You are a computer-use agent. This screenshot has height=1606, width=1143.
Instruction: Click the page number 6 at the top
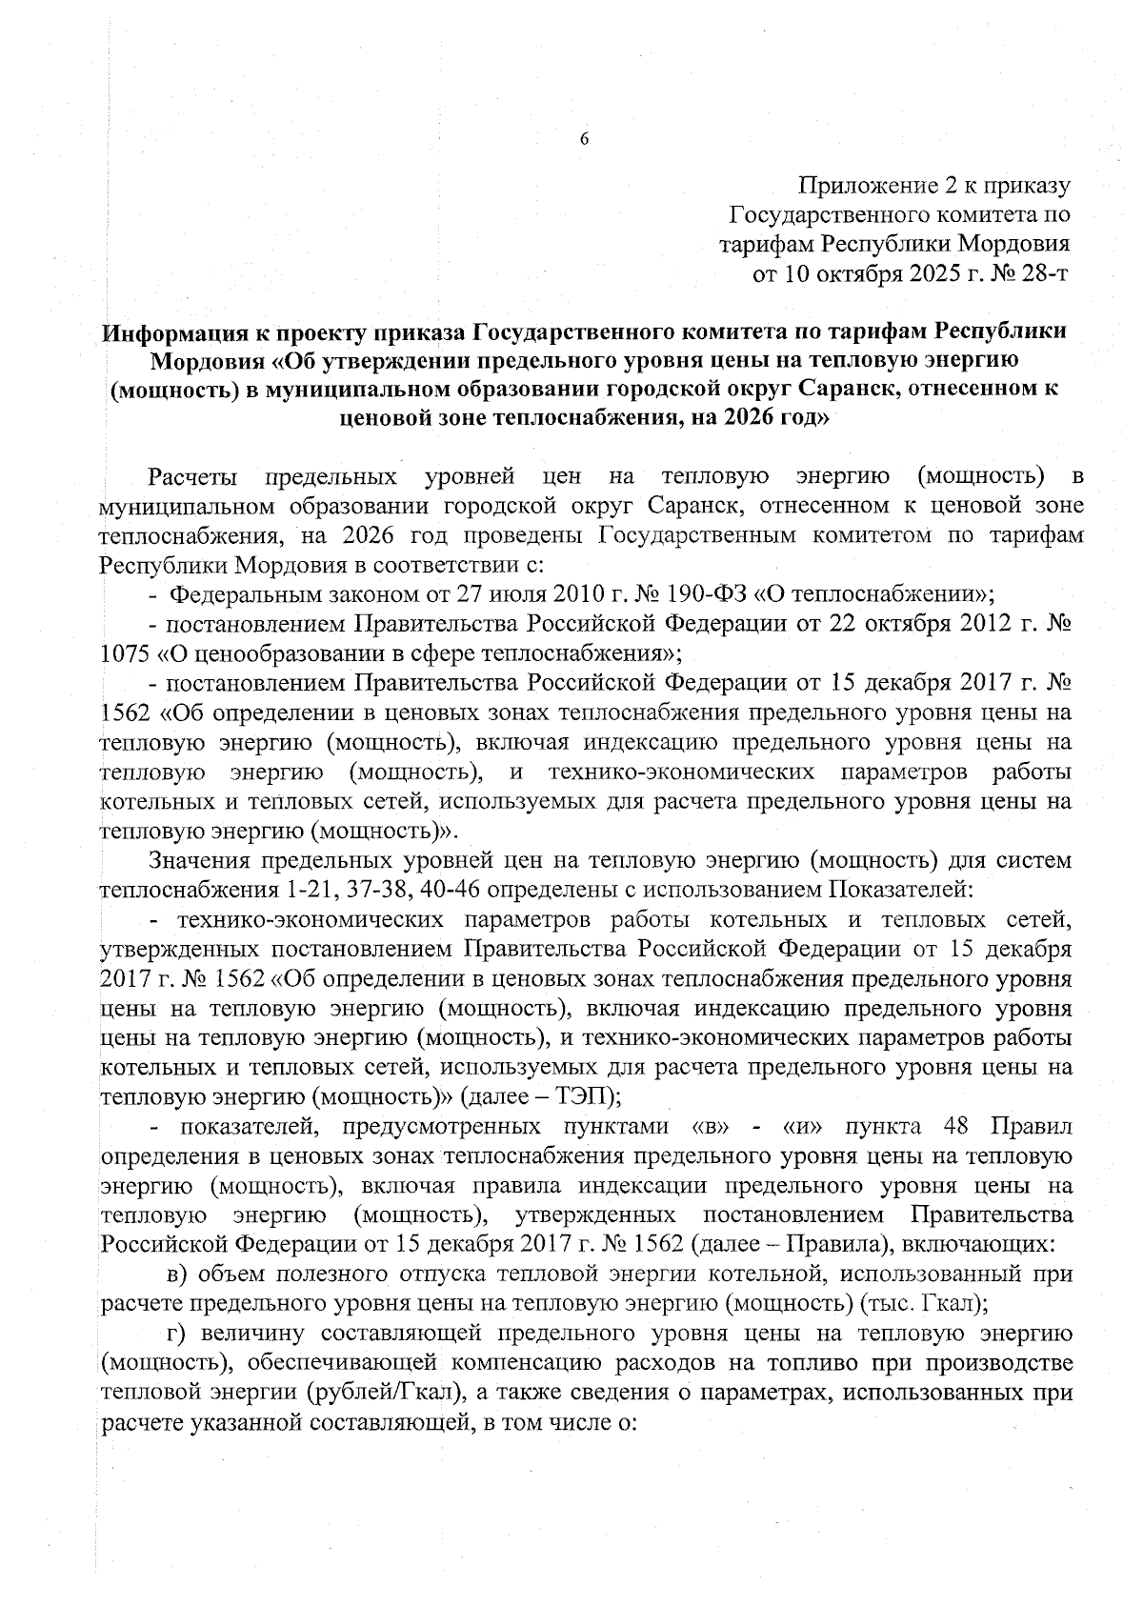(x=585, y=139)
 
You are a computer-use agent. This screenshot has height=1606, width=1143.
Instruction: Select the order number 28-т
(x=1045, y=274)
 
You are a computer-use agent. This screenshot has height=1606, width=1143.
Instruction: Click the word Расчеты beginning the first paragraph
(x=188, y=475)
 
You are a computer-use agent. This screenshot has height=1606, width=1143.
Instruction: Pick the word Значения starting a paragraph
(x=199, y=862)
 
